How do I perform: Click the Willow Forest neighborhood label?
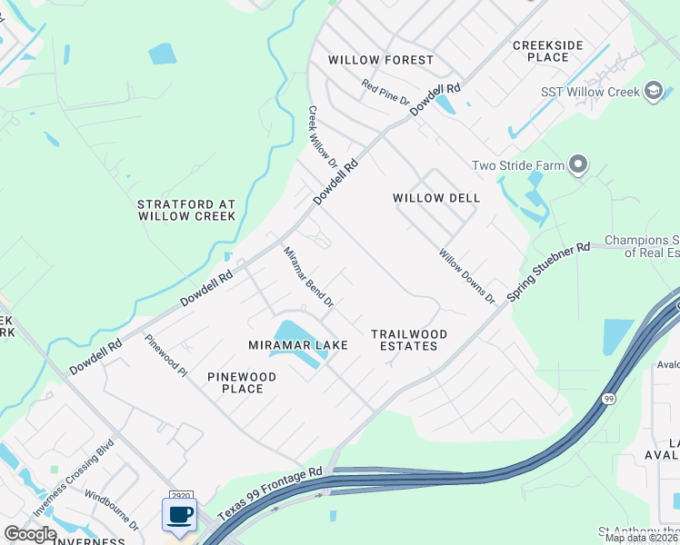381,60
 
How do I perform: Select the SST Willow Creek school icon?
653,91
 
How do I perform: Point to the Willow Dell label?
436,198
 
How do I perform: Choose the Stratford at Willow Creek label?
186,210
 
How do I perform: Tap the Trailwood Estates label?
410,340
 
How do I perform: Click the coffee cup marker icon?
179,515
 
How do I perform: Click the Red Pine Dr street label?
385,92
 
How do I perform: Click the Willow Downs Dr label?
465,276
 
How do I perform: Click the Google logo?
29,534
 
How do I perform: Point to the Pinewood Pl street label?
165,354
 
